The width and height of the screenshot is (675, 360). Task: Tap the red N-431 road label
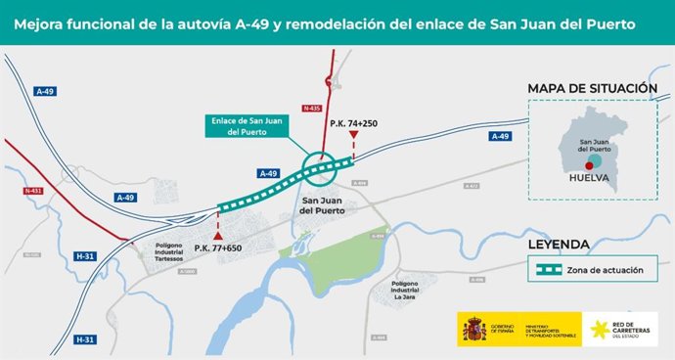pyautogui.click(x=32, y=192)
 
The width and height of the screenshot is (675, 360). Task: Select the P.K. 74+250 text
pyautogui.click(x=353, y=124)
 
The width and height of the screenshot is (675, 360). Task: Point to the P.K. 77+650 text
pyautogui.click(x=217, y=248)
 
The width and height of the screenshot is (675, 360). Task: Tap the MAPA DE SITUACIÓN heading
pyautogui.click(x=592, y=89)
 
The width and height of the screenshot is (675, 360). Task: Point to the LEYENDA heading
pyautogui.click(x=558, y=245)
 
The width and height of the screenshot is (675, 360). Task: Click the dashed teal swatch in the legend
pyautogui.click(x=543, y=268)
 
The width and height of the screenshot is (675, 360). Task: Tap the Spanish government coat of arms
pyautogui.click(x=474, y=330)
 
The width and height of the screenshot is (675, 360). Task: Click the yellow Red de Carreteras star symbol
pyautogui.click(x=595, y=330)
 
